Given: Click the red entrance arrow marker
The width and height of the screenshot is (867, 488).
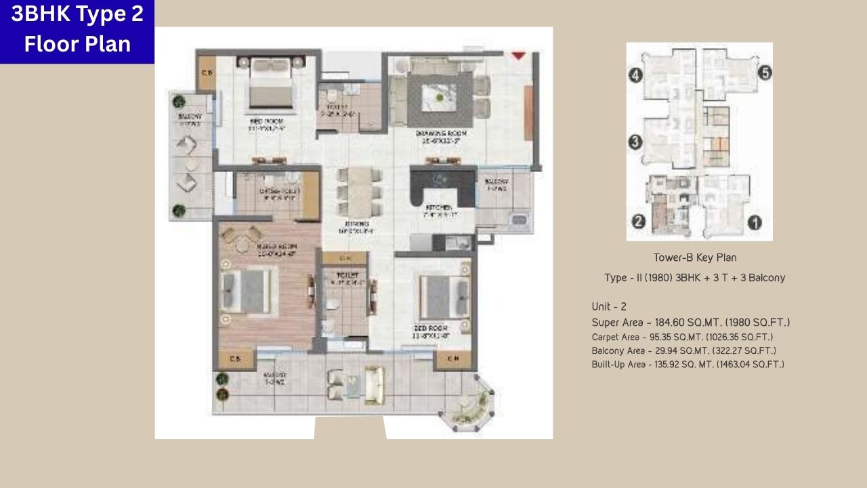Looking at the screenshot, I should click(x=519, y=56).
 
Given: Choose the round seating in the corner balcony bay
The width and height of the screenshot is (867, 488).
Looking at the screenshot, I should click(x=467, y=404).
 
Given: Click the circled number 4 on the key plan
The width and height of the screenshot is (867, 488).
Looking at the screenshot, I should click(x=635, y=76).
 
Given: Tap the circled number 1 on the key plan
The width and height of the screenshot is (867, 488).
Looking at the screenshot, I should click(x=754, y=222).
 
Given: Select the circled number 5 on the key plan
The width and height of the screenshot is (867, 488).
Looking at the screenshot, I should click(x=765, y=73).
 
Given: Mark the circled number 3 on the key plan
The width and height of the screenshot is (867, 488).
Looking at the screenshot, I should click(x=635, y=142).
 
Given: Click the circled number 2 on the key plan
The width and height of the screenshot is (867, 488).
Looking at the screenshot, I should click(x=637, y=222).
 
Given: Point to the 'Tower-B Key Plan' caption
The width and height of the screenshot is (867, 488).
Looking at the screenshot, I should click(x=695, y=258).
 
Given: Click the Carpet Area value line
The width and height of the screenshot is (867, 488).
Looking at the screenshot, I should click(x=682, y=337).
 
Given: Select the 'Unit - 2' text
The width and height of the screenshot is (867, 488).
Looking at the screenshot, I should click(x=609, y=307).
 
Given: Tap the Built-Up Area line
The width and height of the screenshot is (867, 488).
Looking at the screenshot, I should click(x=688, y=365).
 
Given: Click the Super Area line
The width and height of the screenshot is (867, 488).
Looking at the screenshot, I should click(x=690, y=323).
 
